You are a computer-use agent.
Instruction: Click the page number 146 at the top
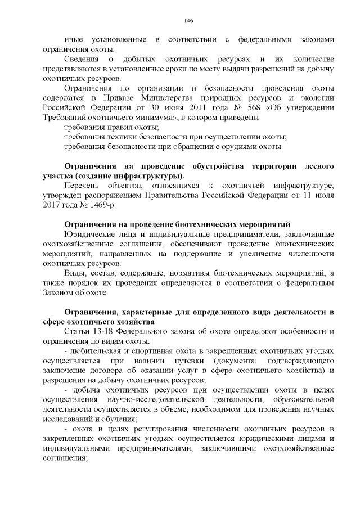click(188, 21)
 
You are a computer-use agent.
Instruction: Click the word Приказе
click(134, 98)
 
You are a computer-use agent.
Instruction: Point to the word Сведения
click(83, 60)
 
